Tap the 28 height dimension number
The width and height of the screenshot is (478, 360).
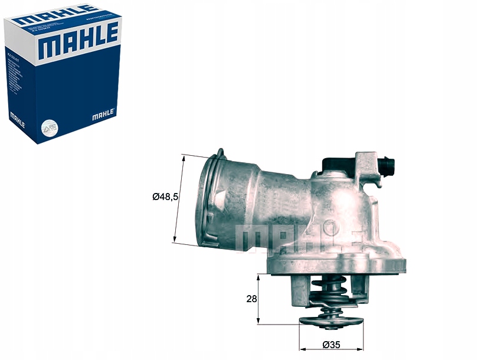pyautogui.click(x=252, y=299)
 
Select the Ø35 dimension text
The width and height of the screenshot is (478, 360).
pyautogui.click(x=332, y=346)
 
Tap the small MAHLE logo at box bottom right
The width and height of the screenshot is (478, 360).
pyautogui.click(x=104, y=113)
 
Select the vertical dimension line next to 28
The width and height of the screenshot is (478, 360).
pyautogui.click(x=258, y=299)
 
